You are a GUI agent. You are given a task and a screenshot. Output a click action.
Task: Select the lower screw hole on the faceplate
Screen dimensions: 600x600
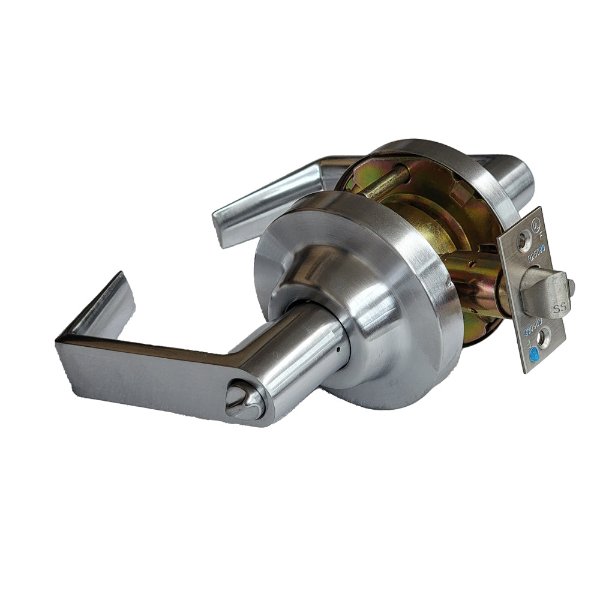tap(542, 339)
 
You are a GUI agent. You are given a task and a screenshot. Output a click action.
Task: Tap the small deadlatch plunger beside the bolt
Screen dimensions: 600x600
tap(572, 285)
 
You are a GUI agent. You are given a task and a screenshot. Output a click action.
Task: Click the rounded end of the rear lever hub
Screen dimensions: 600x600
tap(522, 177)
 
